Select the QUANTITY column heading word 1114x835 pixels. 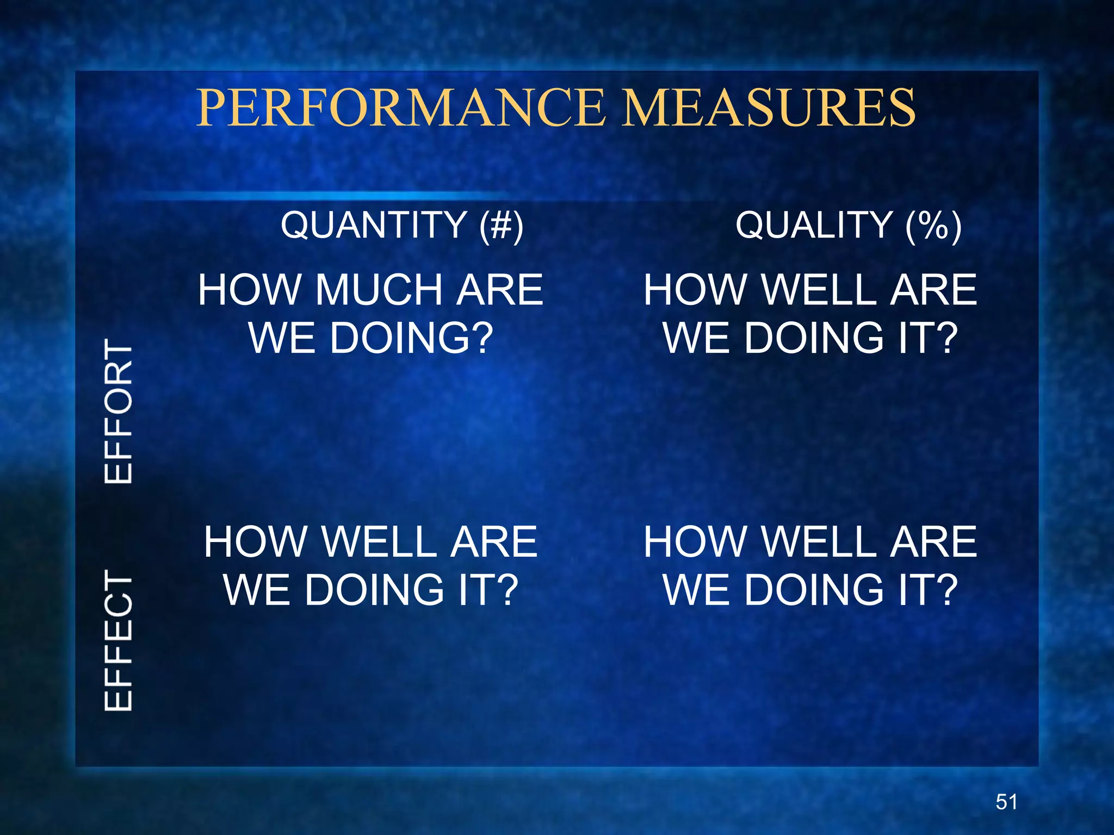(374, 225)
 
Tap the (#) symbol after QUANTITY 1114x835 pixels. (501, 226)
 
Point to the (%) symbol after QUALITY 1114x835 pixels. (933, 226)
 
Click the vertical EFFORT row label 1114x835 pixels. (119, 411)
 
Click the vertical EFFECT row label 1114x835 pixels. (119, 640)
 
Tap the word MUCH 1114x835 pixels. (379, 290)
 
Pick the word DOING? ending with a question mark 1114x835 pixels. (411, 338)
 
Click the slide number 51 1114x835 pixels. (1006, 802)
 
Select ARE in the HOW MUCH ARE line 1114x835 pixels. (499, 290)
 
